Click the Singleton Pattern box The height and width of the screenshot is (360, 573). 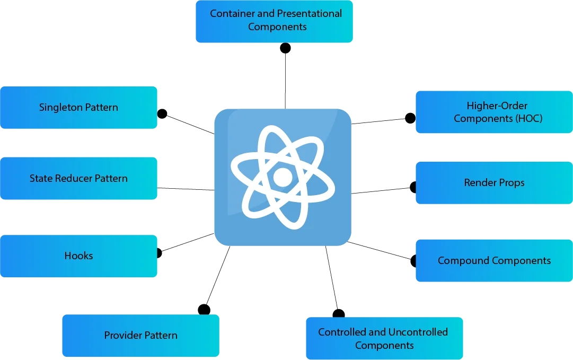[x=78, y=108]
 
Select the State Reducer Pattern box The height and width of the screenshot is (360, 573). [x=78, y=179]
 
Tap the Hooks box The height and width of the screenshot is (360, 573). [x=78, y=256]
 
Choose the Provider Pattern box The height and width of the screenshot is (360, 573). [x=140, y=335]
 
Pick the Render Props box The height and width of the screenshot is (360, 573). [x=494, y=183]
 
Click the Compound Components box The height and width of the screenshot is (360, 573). [x=494, y=260]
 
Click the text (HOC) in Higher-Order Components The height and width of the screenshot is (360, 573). [x=528, y=119]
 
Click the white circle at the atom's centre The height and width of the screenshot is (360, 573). [x=283, y=177]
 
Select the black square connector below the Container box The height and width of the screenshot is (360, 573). [x=286, y=49]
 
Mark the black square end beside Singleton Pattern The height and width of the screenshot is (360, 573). [x=164, y=112]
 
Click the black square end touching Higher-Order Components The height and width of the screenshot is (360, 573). [x=409, y=117]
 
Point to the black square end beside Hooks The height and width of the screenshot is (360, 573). [x=161, y=253]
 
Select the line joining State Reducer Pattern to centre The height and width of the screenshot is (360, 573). [x=186, y=188]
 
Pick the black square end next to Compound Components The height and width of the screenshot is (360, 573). [x=411, y=261]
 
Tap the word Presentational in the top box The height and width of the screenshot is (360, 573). [x=309, y=14]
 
